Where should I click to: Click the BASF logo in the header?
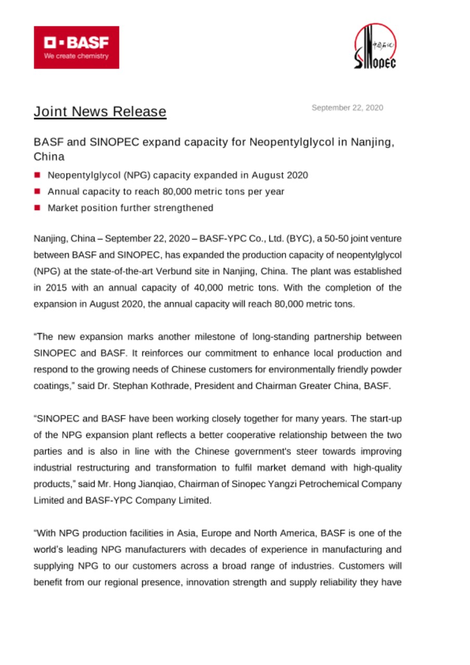(76, 47)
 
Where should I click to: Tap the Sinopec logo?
(375, 47)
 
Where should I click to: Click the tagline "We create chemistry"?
(76, 56)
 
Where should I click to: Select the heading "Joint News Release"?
(100, 112)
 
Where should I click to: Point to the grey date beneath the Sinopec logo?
(347, 108)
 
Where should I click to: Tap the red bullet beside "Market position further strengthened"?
(38, 208)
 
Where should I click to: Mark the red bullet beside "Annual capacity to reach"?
(38, 192)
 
